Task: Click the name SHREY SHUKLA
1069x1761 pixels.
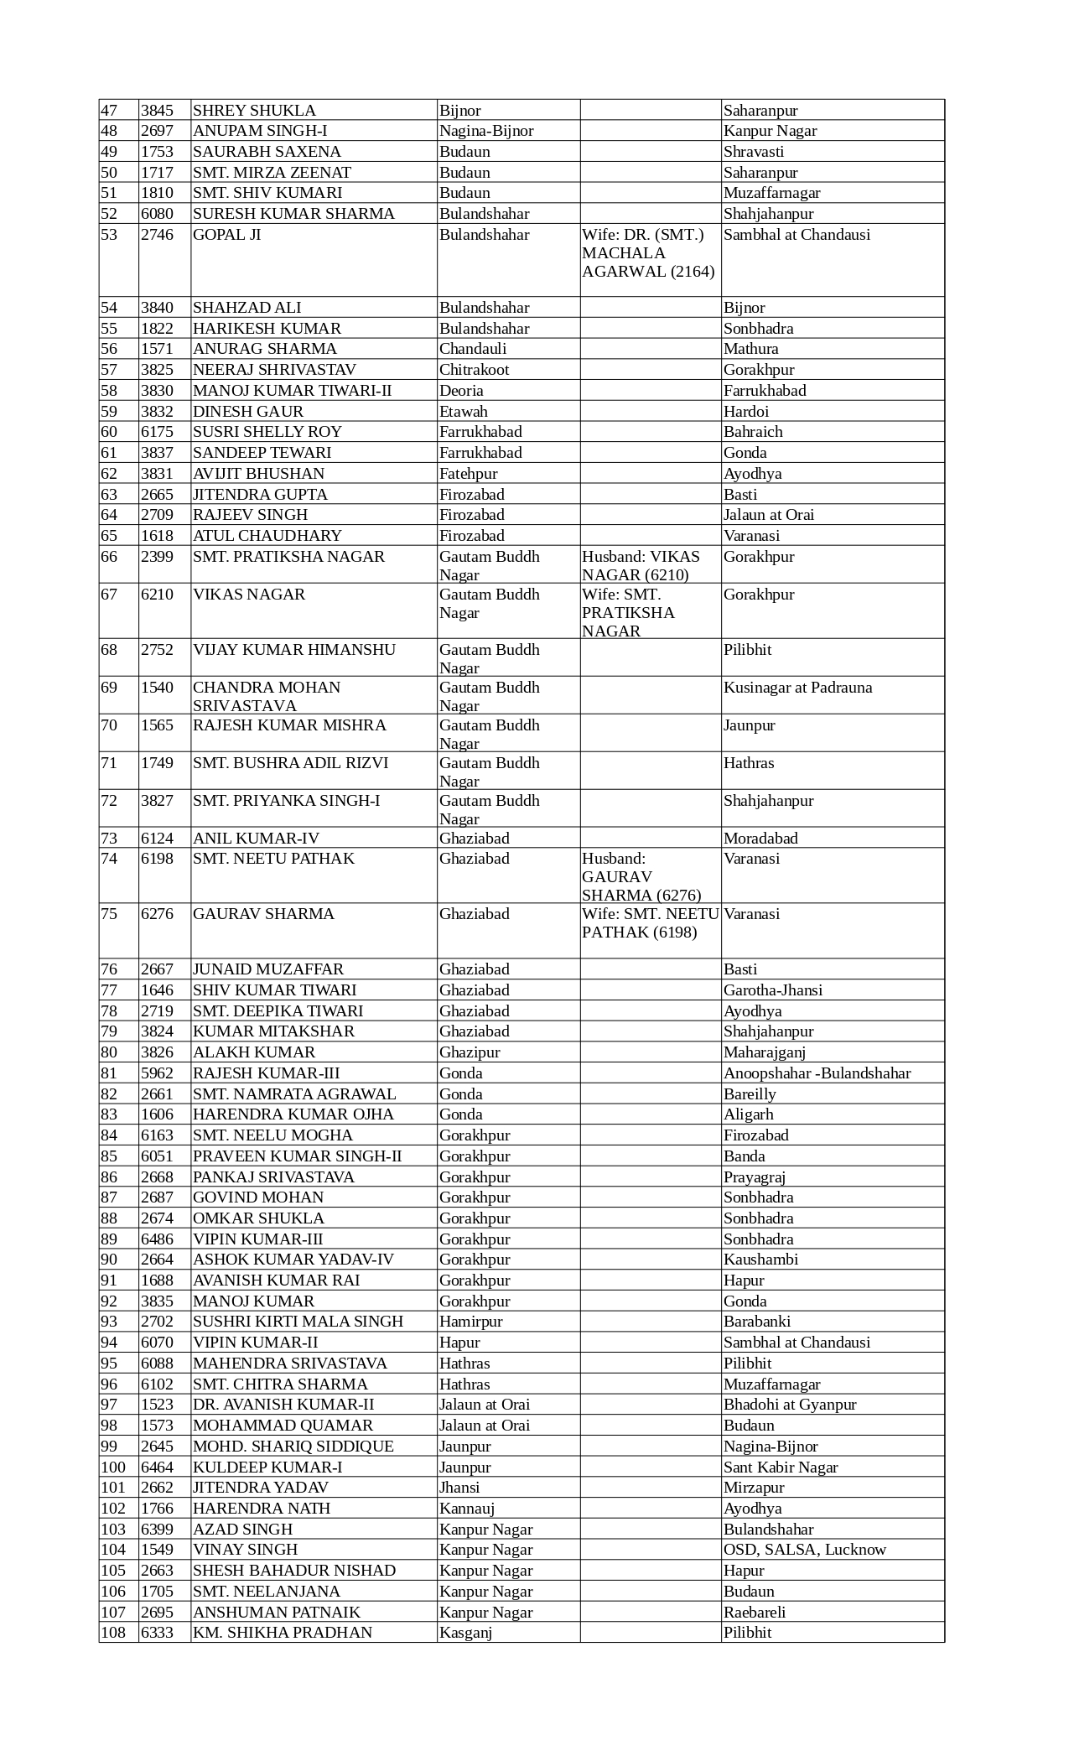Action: [254, 110]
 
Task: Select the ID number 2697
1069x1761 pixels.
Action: [157, 131]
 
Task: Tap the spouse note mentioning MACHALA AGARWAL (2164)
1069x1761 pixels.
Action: [648, 253]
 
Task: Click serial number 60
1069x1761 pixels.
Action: [109, 432]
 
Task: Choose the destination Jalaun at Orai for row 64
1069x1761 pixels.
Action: [768, 515]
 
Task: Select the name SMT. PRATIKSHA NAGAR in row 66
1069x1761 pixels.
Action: [288, 557]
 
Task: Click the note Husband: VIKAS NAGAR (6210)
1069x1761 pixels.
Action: [641, 566]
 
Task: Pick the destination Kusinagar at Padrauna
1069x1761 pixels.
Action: [797, 688]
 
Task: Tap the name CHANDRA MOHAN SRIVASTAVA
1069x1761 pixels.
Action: [267, 696]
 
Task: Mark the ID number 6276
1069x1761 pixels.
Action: [157, 914]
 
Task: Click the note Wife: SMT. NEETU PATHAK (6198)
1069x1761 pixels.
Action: [650, 923]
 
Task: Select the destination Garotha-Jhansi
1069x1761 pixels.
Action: [772, 990]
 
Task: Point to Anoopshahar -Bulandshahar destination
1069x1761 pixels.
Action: [817, 1073]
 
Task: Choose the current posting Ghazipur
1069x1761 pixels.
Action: [470, 1052]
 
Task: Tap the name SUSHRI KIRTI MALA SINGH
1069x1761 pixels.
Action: [298, 1322]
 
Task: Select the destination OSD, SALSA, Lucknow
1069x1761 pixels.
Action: [804, 1550]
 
